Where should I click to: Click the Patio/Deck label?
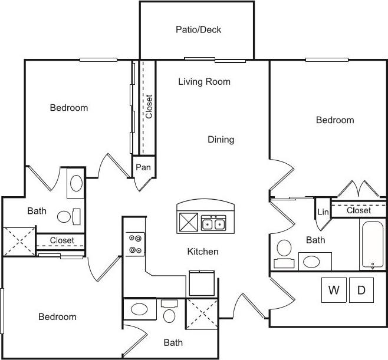point(198,29)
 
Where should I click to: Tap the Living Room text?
point(204,82)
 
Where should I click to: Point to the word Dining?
point(221,140)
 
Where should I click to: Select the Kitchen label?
point(203,252)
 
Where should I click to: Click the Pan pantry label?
point(143,167)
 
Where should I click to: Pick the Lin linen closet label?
point(323,212)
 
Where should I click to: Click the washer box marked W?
point(334,290)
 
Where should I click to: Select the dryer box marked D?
point(361,290)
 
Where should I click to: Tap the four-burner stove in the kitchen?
point(136,244)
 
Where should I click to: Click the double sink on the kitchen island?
point(213,224)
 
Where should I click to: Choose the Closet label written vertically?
point(149,107)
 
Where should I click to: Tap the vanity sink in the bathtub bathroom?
point(314,260)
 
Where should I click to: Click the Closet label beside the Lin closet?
point(359,210)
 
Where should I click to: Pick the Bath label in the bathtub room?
point(315,240)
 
